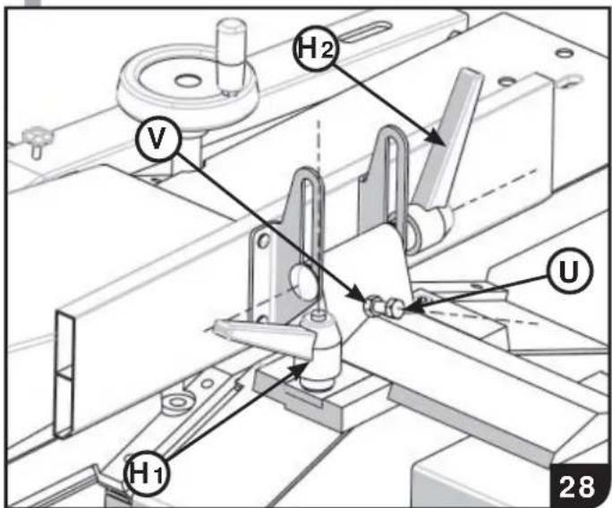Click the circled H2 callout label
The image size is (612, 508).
(315, 49)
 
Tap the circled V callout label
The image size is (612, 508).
(157, 140)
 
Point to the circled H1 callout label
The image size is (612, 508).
(147, 474)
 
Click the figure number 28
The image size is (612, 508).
(577, 487)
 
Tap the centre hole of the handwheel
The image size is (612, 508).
(186, 80)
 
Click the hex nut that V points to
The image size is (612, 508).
(374, 304)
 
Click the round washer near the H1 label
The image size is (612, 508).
(178, 402)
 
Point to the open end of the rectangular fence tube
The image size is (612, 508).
(64, 373)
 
